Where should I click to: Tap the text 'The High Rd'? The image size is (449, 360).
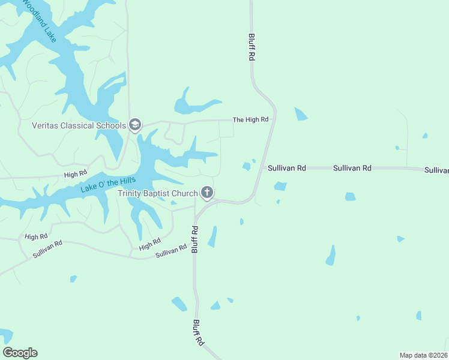pyautogui.click(x=250, y=120)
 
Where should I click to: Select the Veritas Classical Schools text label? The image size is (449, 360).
pyautogui.click(x=79, y=125)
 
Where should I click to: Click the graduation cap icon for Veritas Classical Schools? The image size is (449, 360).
pyautogui.click(x=135, y=125)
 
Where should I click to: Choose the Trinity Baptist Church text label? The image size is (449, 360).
pyautogui.click(x=157, y=193)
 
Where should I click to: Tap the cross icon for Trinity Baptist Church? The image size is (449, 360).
pyautogui.click(x=207, y=193)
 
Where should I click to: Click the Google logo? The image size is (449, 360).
pyautogui.click(x=20, y=353)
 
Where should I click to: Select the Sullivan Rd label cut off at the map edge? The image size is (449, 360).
pyautogui.click(x=436, y=170)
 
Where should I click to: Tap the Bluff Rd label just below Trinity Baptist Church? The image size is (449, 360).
pyautogui.click(x=195, y=239)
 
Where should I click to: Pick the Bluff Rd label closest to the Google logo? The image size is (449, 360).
pyautogui.click(x=197, y=332)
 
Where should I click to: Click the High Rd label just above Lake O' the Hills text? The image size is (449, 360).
pyautogui.click(x=76, y=174)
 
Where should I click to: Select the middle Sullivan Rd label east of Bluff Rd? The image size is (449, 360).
pyautogui.click(x=352, y=169)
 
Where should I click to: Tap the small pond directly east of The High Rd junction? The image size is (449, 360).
pyautogui.click(x=301, y=114)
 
